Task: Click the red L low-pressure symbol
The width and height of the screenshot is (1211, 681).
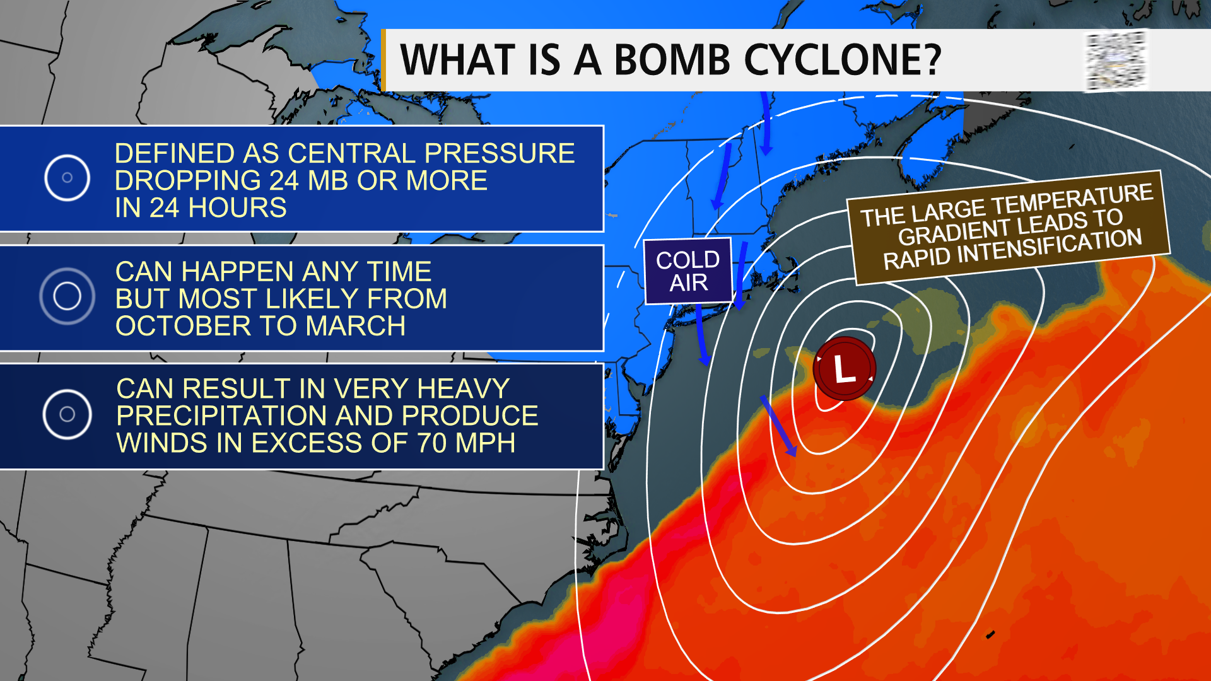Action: coord(844,369)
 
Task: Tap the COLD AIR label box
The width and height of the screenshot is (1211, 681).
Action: coord(688,271)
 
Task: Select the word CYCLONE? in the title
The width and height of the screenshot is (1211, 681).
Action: coord(843,61)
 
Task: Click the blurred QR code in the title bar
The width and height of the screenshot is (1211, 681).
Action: coord(1115,61)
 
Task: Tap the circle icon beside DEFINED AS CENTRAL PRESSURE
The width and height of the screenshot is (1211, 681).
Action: coord(67,178)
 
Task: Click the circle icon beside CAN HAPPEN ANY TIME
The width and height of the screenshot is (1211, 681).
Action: coord(67,296)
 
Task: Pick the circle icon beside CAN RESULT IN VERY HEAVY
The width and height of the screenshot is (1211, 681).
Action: coord(67,414)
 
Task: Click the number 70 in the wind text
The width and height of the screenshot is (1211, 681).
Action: coord(433,443)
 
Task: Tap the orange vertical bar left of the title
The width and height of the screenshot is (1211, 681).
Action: coord(383,61)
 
